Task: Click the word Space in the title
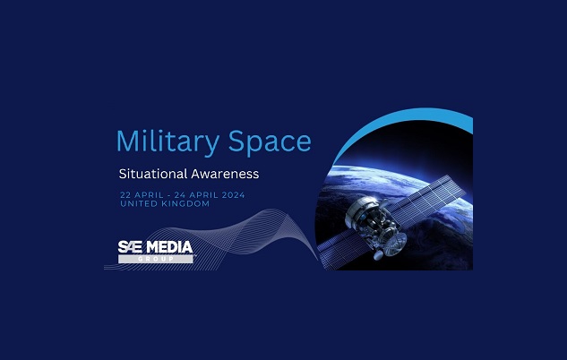point(270,142)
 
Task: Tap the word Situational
point(152,174)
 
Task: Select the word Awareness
point(225,174)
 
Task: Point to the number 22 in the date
point(125,195)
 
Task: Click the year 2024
point(233,195)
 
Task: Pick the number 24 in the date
point(180,195)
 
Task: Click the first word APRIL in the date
point(149,195)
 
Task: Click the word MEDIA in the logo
point(169,247)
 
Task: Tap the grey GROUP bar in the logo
point(156,259)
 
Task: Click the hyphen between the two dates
point(169,195)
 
